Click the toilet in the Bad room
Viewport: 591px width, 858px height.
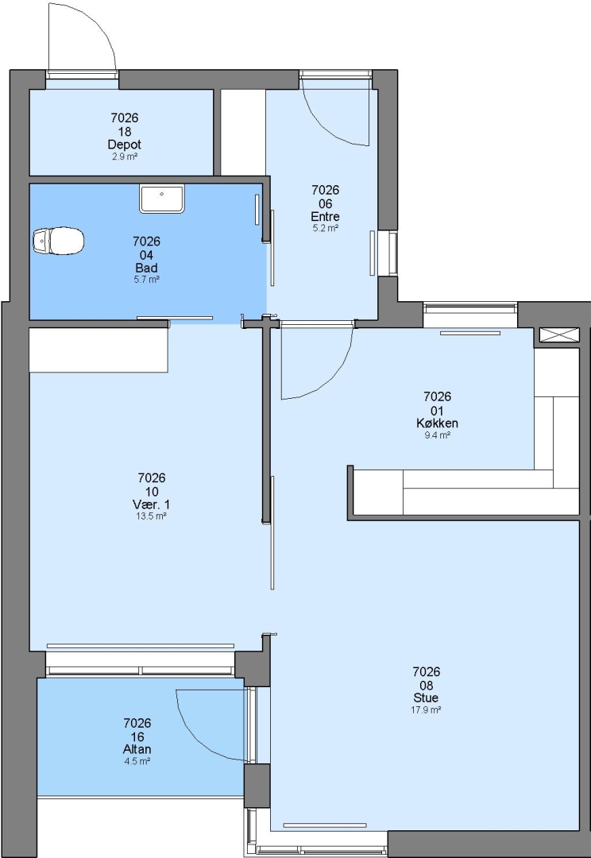pos(58,242)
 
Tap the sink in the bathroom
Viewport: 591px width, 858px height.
pos(162,198)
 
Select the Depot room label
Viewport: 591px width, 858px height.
pos(124,145)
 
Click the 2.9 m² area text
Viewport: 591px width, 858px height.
pos(124,157)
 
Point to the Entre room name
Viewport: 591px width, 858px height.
pos(325,217)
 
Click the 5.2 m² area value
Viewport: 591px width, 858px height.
pos(325,228)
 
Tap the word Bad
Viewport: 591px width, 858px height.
pos(146,268)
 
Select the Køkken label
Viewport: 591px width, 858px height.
pos(437,423)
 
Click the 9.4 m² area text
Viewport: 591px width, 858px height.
pos(437,435)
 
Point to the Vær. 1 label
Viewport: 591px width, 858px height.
pos(152,504)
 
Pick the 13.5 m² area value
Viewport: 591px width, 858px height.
pos(152,516)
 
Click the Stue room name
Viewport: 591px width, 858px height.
pos(426,698)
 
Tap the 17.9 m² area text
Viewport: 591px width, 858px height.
pos(426,709)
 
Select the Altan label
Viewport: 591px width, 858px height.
pos(137,749)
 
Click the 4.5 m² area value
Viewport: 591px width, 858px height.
pos(137,761)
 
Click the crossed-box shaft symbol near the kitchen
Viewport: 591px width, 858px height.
pos(558,334)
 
